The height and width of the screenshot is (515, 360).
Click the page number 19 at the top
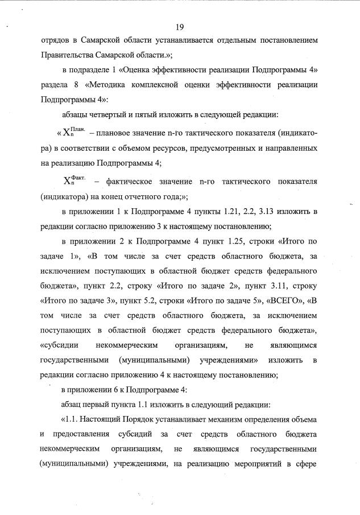[x=180, y=27]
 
